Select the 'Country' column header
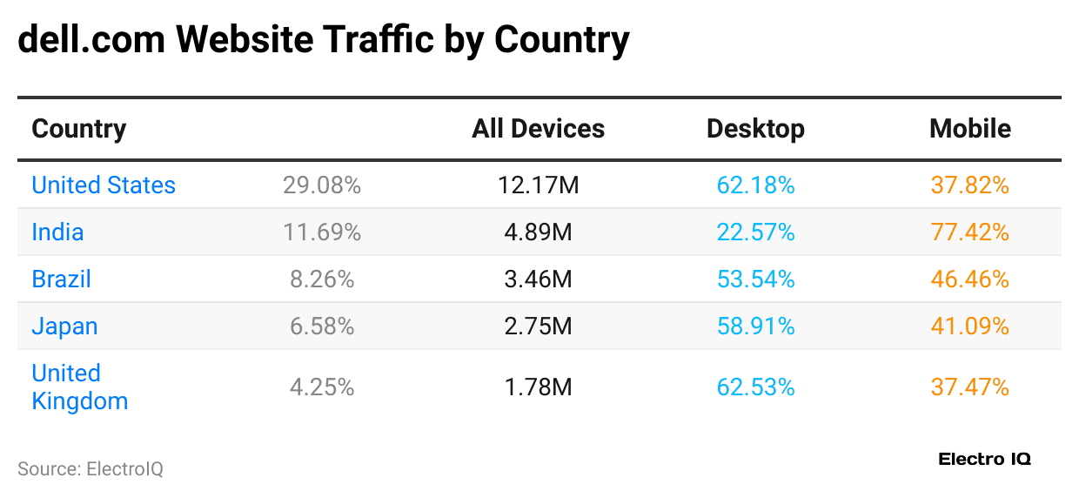click(x=79, y=129)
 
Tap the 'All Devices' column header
click(x=538, y=129)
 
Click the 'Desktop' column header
click(x=755, y=129)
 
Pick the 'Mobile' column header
click(x=970, y=129)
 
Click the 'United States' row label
click(x=104, y=185)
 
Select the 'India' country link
click(x=57, y=232)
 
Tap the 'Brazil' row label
click(x=61, y=279)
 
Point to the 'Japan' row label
click(x=64, y=326)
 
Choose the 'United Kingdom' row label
click(x=79, y=387)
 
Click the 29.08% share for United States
click(x=322, y=185)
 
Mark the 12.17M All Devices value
click(x=538, y=185)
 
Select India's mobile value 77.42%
click(x=970, y=232)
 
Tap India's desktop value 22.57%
click(x=755, y=232)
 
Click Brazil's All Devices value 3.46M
click(x=538, y=279)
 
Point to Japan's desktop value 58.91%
click(x=755, y=326)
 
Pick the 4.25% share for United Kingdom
click(x=322, y=387)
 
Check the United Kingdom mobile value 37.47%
click(x=970, y=387)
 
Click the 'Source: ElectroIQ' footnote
click(x=90, y=469)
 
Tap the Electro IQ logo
click(x=984, y=460)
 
